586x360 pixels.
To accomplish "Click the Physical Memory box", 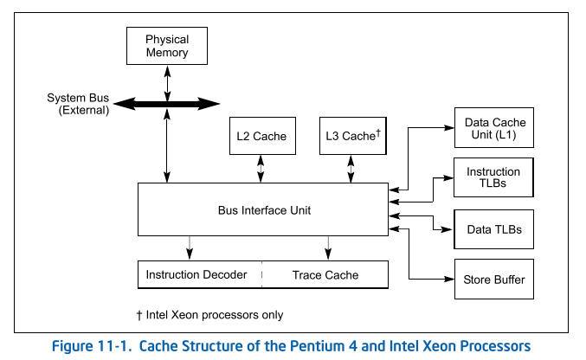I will (167, 46).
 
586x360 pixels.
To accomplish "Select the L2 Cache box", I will (261, 136).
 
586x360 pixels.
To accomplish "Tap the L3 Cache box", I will (352, 136).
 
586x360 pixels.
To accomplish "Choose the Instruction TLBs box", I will (493, 177).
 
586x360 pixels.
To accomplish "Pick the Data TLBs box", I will (493, 229).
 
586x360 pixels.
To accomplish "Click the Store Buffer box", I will (493, 280).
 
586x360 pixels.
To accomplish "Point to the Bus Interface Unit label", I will (264, 210).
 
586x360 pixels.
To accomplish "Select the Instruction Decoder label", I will (196, 275).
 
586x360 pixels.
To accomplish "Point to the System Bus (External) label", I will (78, 104).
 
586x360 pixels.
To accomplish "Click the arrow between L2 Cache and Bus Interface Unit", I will (261, 169).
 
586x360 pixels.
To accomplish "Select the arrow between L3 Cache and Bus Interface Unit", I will (351, 169).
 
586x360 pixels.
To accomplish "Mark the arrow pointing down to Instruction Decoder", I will (189, 247).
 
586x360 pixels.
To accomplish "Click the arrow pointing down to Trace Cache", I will (327, 247).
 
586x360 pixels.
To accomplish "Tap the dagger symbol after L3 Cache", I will (378, 132).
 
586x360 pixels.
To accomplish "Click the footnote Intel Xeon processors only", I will (203, 315).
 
